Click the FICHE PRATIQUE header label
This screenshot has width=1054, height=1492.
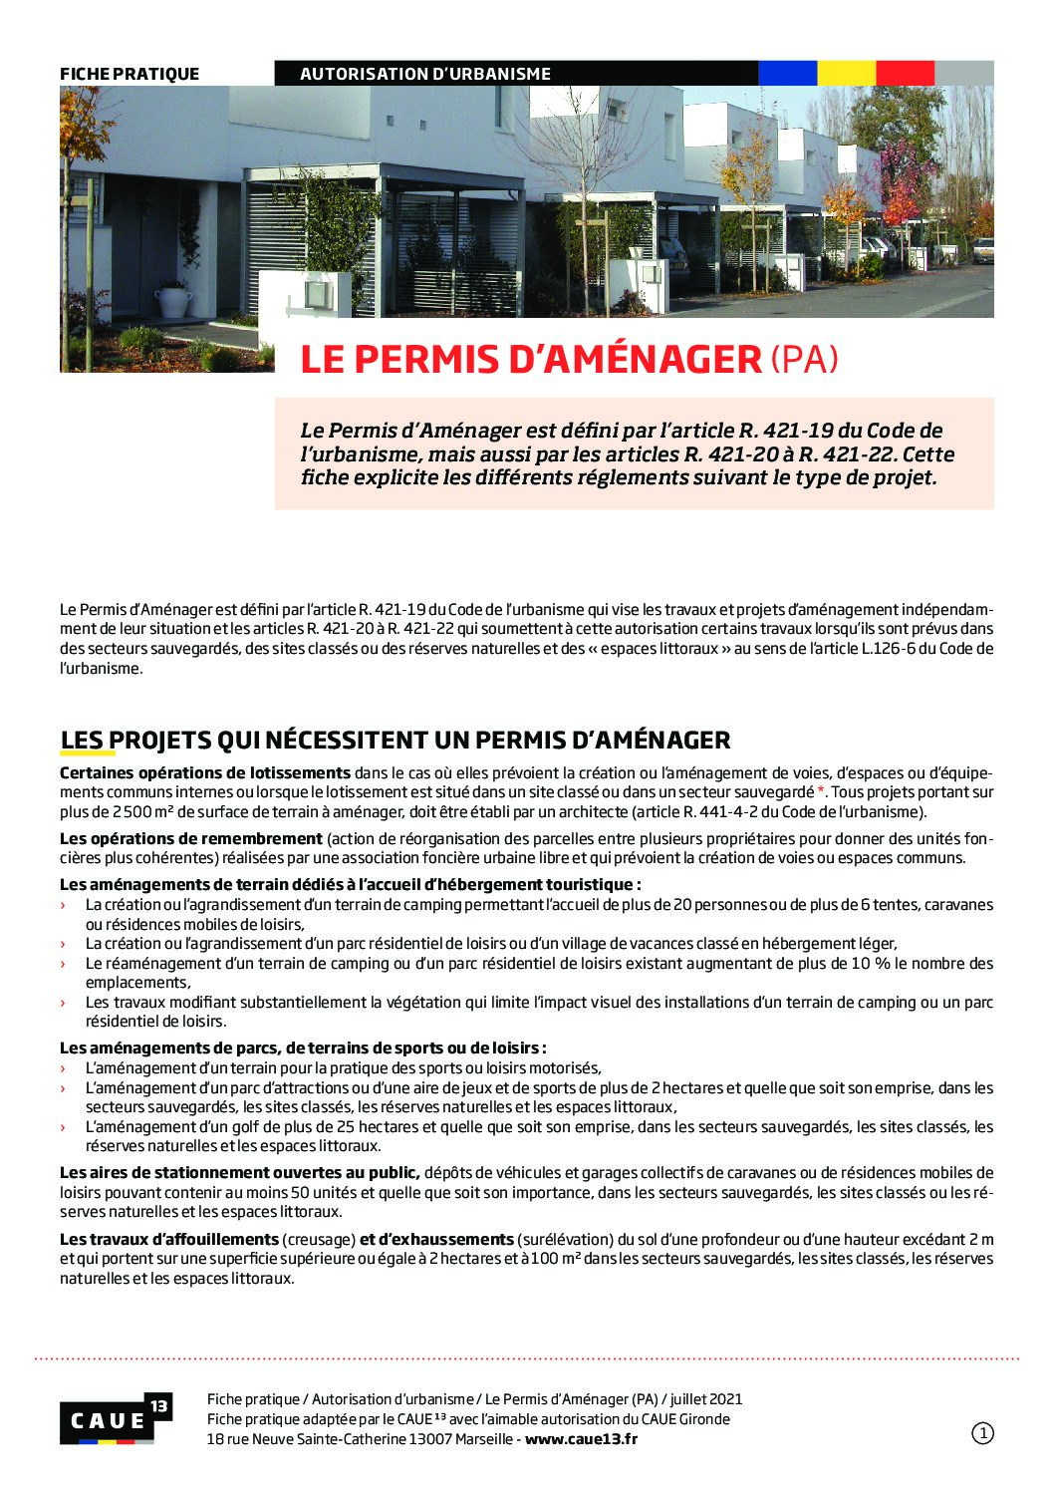tap(130, 74)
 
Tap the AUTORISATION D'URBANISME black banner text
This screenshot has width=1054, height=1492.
tap(425, 74)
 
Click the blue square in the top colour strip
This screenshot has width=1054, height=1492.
tap(787, 73)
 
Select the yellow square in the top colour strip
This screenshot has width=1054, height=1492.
tap(846, 73)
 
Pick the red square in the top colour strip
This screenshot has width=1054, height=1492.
tap(905, 73)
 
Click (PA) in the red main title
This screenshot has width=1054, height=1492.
tap(804, 360)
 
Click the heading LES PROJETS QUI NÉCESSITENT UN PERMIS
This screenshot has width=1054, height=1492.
tap(395, 740)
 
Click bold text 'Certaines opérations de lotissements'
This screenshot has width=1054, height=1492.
tap(205, 772)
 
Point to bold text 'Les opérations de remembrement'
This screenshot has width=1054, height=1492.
tap(191, 838)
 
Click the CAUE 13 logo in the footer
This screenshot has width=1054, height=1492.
tap(116, 1419)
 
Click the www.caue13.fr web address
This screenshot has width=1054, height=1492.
tap(581, 1438)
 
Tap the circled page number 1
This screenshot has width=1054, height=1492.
tap(982, 1433)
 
